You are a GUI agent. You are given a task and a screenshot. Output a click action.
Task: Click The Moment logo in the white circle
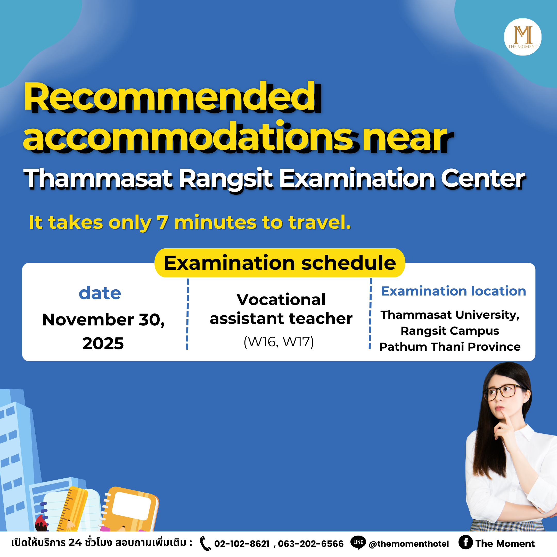(522, 37)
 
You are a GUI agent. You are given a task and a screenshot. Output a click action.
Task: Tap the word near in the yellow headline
(408, 138)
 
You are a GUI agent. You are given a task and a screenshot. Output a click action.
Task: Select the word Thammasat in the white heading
(98, 178)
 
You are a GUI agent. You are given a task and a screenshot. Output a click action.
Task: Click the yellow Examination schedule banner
(280, 263)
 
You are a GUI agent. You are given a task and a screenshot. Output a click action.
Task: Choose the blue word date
(100, 293)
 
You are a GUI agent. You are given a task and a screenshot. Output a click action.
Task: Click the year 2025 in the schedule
(103, 343)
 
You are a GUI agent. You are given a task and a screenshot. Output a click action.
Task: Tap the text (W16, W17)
(278, 342)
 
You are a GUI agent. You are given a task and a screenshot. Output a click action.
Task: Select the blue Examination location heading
(454, 291)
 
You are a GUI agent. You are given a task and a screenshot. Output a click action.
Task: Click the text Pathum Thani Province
(450, 347)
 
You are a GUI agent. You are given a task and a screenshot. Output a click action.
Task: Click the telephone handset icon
(205, 543)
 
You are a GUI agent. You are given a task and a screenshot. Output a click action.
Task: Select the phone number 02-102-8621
(242, 544)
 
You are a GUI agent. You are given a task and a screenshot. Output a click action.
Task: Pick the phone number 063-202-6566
(310, 544)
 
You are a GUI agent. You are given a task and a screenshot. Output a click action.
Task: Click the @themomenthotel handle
(408, 544)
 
